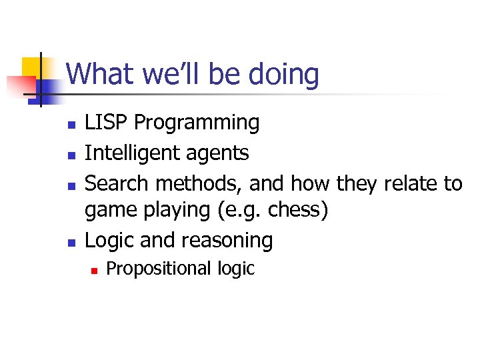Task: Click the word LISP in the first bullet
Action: click(x=107, y=123)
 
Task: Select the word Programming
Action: click(x=197, y=123)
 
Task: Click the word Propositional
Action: click(x=159, y=269)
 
